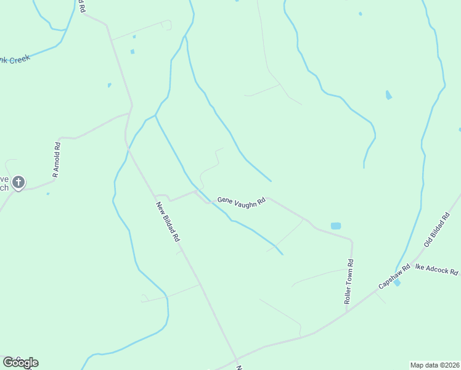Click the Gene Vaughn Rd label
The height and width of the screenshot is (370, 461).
tap(241, 202)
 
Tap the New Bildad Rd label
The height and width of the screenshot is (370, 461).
tap(168, 221)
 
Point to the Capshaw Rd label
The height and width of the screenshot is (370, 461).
tap(394, 276)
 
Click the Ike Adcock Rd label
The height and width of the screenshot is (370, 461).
tap(437, 271)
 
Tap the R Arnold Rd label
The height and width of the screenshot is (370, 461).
tap(56, 160)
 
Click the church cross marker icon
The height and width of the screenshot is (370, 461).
tap(18, 182)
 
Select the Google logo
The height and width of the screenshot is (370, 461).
tap(20, 363)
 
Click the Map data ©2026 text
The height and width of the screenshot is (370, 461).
tap(434, 365)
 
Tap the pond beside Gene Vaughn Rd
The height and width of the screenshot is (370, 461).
tap(335, 226)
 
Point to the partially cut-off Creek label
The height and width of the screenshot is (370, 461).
tap(15, 60)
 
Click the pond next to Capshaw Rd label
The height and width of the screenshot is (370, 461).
tap(396, 282)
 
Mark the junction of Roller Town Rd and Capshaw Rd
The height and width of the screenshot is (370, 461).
tap(347, 310)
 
